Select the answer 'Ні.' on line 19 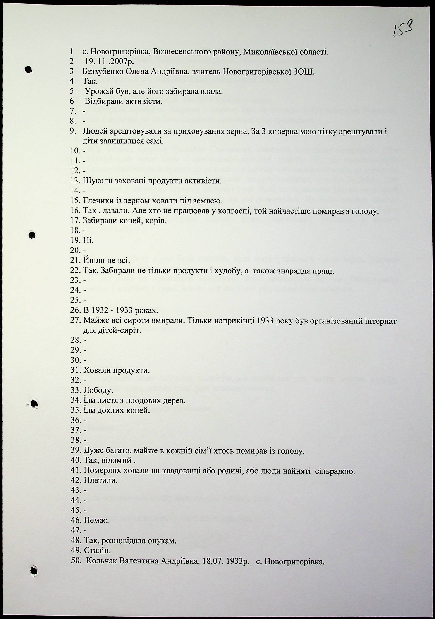(x=88, y=240)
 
